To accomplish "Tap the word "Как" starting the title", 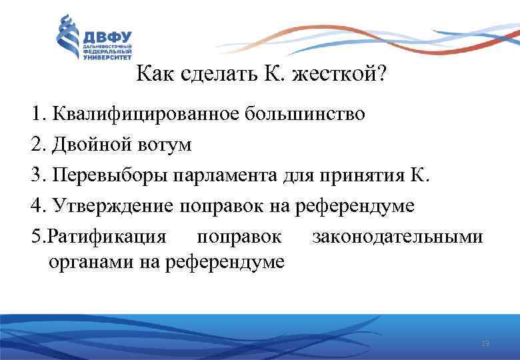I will pos(155,75).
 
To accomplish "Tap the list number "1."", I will pos(37,113).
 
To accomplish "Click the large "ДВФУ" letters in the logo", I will pos(107,37).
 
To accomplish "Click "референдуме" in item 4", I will pos(361,206).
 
